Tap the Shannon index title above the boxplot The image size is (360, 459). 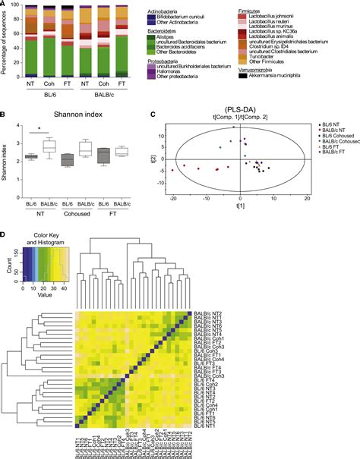[x=74, y=115]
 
